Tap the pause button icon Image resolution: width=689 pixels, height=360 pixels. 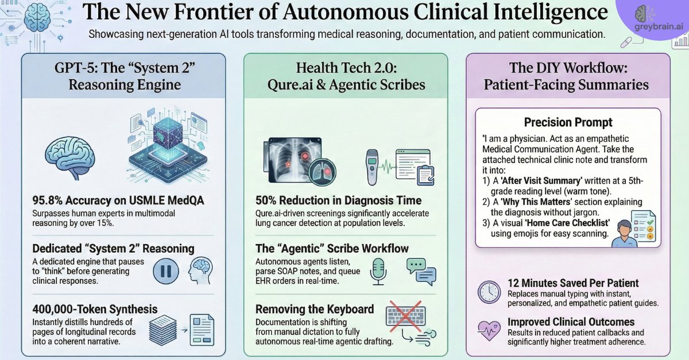tap(166, 271)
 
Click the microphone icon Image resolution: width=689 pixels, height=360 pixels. tap(378, 271)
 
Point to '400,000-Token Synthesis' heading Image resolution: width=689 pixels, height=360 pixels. tap(95, 309)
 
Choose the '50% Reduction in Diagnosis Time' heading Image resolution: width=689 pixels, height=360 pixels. tap(338, 200)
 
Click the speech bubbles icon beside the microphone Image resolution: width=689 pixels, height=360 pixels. tap(421, 272)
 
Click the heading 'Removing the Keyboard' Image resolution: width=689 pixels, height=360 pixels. tap(315, 309)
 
